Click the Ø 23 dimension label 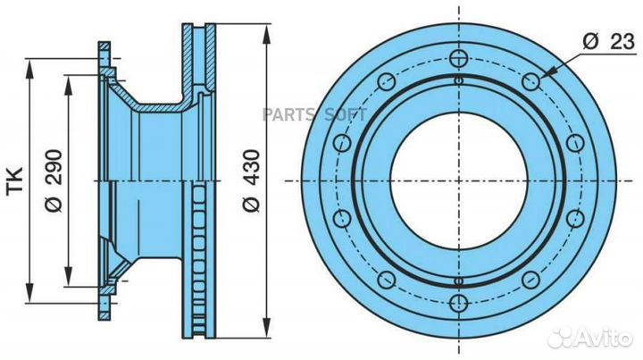(608, 42)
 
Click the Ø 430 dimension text (251, 180)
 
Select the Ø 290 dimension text (54, 180)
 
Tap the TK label (15, 180)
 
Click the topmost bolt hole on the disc (458, 59)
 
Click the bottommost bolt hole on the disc (458, 304)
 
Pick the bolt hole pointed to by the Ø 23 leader (531, 81)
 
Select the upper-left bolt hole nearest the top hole (387, 81)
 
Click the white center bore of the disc (458, 180)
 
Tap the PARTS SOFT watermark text (314, 115)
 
